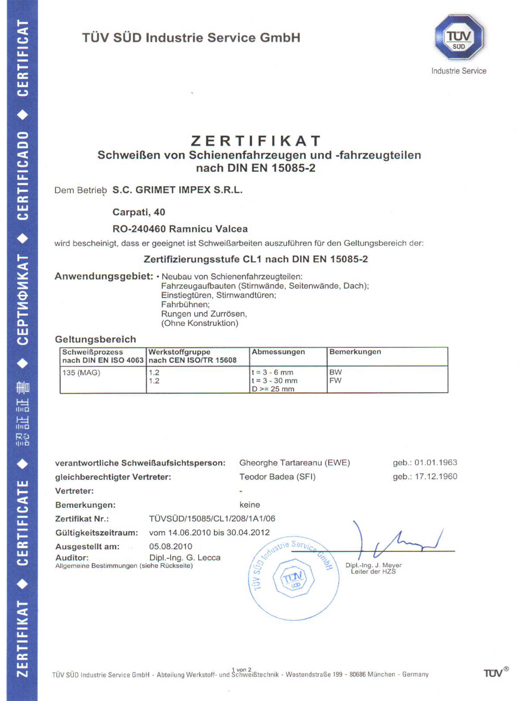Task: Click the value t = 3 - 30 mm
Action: [x=274, y=381]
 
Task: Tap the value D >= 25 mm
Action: [x=273, y=389]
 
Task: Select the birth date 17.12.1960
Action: [x=436, y=477]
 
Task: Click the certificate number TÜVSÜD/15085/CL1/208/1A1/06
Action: [x=212, y=519]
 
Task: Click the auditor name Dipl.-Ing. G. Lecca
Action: [x=185, y=558]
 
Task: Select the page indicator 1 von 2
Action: [x=242, y=669]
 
